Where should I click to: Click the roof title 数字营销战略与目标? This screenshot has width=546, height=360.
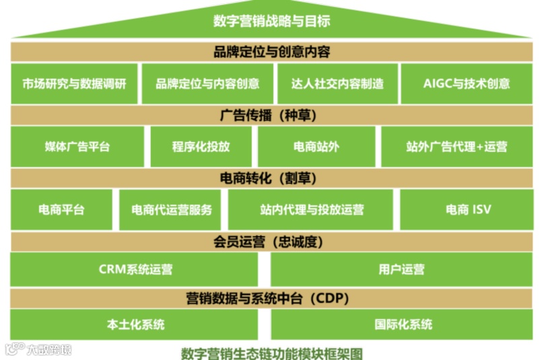click(x=272, y=21)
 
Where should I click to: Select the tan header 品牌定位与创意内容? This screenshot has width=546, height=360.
click(x=272, y=52)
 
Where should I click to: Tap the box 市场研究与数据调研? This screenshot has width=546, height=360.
click(x=74, y=83)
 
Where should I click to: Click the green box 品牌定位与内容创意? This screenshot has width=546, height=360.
click(x=207, y=83)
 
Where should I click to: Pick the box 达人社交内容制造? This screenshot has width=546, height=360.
click(x=337, y=83)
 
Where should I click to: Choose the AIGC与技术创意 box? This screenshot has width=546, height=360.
click(x=467, y=83)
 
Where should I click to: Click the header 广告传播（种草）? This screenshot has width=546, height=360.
click(x=272, y=115)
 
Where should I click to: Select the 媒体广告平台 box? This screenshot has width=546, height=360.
click(x=77, y=146)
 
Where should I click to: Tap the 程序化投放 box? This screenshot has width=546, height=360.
click(x=201, y=146)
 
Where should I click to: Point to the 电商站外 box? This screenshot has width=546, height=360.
click(x=316, y=146)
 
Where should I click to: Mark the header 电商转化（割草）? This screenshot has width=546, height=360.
click(x=272, y=178)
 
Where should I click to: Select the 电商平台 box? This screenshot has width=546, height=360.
click(x=61, y=209)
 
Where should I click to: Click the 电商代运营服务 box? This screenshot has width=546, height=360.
click(x=172, y=209)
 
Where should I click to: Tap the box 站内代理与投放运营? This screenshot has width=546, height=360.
click(x=311, y=209)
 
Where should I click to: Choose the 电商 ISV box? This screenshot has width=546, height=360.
click(x=468, y=209)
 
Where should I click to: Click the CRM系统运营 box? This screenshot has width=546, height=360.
click(x=135, y=270)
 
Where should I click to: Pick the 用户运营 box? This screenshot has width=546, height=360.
click(x=401, y=270)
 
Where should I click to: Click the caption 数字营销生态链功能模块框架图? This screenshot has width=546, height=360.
click(x=272, y=352)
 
